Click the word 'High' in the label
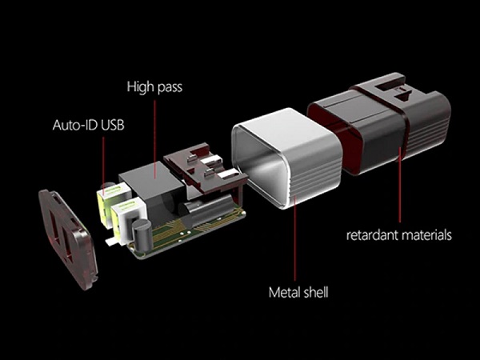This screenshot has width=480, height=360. coord(141,86)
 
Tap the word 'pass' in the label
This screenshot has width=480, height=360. coord(170,88)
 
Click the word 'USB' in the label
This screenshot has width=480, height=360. coord(113,125)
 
